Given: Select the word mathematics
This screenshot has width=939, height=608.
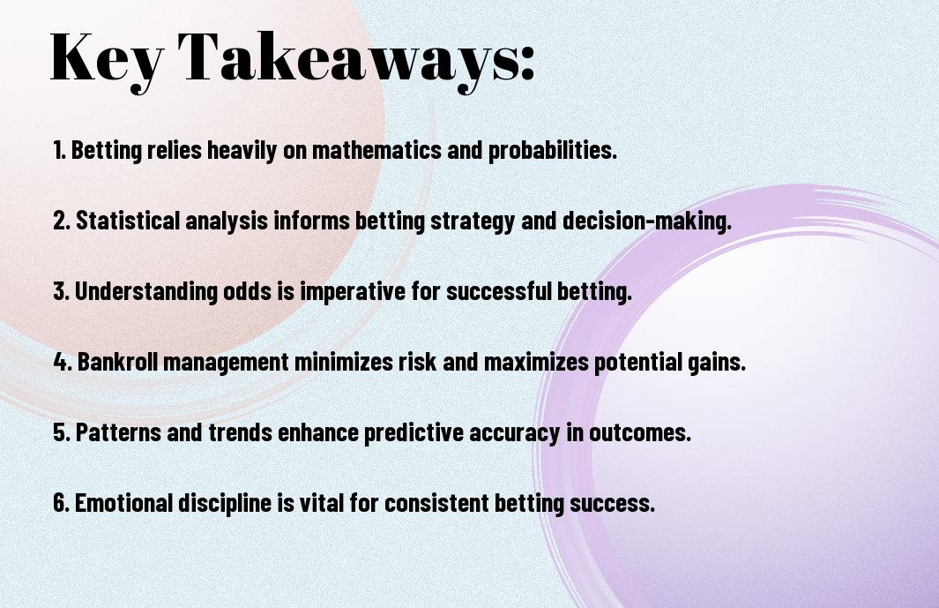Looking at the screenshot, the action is [376, 150].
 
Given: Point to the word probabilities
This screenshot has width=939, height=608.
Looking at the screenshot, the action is [553, 151].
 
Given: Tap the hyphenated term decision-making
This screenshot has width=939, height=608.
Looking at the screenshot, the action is [647, 221].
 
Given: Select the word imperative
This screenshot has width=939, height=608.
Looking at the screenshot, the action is [353, 292].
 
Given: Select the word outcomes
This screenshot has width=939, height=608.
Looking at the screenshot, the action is [640, 432].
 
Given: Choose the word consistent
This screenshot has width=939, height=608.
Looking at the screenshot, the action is [436, 503].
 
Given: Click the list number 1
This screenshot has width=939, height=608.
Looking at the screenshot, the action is [59, 151].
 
